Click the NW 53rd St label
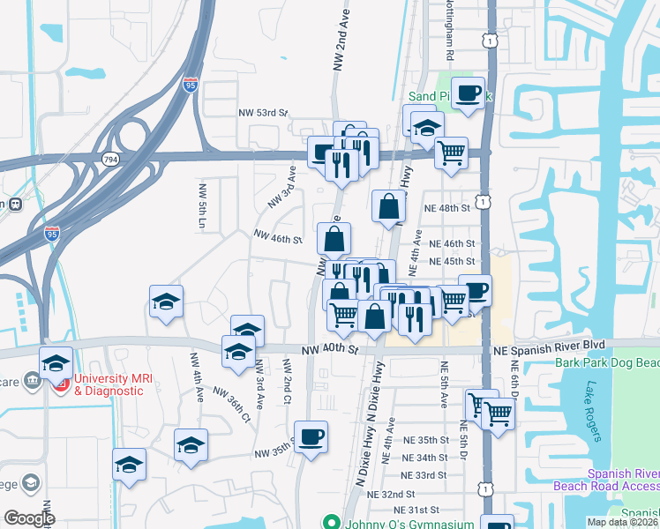point(263,113)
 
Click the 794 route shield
point(109,159)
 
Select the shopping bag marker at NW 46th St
point(334,238)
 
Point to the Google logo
point(29,519)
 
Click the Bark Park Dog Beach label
point(606,362)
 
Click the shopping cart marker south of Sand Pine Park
point(452,153)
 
